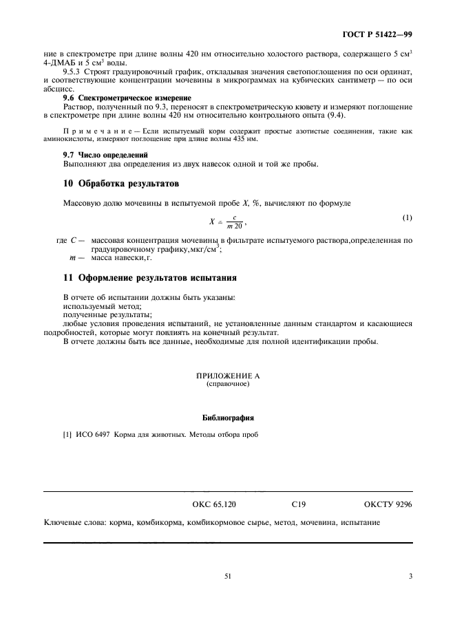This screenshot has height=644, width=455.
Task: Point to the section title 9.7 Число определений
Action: click(x=94, y=155)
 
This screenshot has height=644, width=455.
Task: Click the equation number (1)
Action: click(x=407, y=219)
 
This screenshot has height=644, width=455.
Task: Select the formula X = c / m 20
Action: click(x=227, y=222)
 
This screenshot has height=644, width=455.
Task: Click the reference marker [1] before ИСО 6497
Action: click(x=68, y=434)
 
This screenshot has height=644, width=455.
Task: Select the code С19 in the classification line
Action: click(x=299, y=504)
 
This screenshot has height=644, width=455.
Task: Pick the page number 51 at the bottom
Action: click(x=227, y=577)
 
